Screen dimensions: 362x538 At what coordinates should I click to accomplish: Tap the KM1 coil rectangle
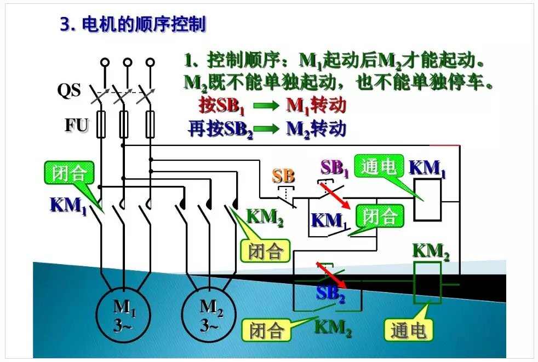[427, 200]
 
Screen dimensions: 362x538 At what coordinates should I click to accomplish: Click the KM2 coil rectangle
[427, 283]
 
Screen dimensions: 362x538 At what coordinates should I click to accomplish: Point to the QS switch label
[69, 90]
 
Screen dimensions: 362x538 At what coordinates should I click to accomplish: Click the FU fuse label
[77, 125]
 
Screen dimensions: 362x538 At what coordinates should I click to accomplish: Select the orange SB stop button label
[283, 176]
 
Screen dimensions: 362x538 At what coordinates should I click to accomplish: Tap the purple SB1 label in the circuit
[334, 168]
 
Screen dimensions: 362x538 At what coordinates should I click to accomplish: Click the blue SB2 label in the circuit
[330, 294]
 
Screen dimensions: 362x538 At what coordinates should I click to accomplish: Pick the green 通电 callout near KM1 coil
[379, 167]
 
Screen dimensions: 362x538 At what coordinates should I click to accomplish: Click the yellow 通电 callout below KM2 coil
[408, 330]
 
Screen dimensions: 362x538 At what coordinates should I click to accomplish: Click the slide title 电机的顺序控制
[132, 24]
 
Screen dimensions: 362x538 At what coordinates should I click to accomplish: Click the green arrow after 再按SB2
[268, 130]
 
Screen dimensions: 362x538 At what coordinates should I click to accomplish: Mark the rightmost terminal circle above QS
[150, 62]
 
